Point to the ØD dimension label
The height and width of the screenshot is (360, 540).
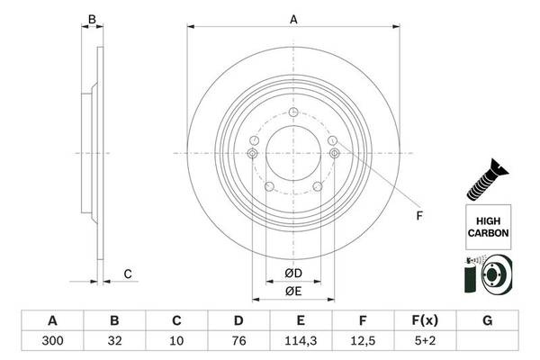click(x=292, y=274)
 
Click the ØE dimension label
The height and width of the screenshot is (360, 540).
click(x=292, y=291)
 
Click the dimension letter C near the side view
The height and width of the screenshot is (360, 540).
click(x=128, y=274)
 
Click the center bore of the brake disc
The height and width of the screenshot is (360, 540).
click(x=293, y=153)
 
